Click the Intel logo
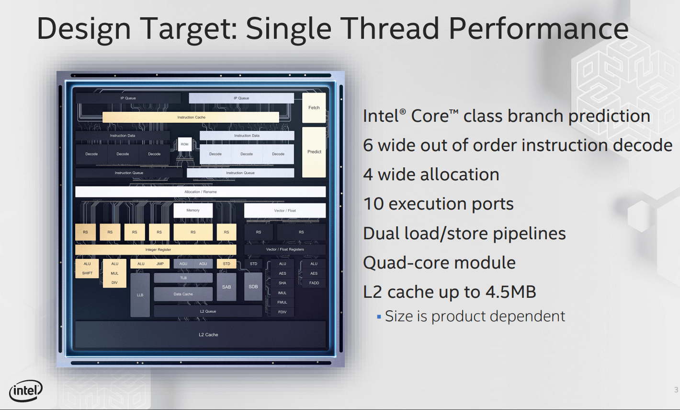click(x=26, y=390)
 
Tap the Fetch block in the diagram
click(x=314, y=107)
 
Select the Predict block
click(x=314, y=152)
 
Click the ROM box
click(x=184, y=144)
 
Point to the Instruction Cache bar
click(x=191, y=117)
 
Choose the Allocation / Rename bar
click(x=200, y=192)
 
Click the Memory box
click(x=193, y=211)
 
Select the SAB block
click(x=227, y=287)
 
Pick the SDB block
click(x=253, y=287)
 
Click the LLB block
click(x=140, y=295)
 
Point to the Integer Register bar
click(x=156, y=249)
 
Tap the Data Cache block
click(x=183, y=294)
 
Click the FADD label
click(x=314, y=283)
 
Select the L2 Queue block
click(x=208, y=311)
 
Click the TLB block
click(x=183, y=278)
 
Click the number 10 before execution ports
click(x=374, y=204)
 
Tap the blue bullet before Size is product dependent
click(x=379, y=317)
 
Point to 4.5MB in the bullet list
click(x=511, y=292)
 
